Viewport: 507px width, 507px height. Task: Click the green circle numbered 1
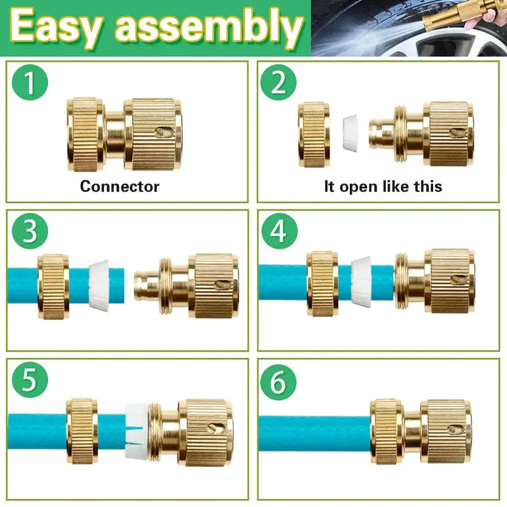pos(30,83)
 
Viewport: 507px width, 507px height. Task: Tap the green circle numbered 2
pos(278,83)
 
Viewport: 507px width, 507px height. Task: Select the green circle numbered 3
pos(29,232)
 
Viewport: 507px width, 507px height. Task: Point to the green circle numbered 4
pos(278,232)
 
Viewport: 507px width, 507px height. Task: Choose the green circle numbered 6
pos(278,382)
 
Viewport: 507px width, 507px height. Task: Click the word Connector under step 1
pos(120,186)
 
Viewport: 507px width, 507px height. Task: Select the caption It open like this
pos(383,186)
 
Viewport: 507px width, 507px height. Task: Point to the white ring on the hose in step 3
pos(99,283)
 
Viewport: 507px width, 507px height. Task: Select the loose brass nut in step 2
pos(314,134)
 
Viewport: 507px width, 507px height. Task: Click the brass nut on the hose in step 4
pos(322,283)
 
